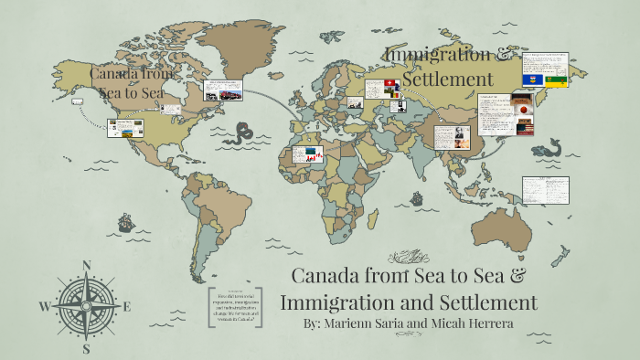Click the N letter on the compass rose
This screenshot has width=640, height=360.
coord(87,266)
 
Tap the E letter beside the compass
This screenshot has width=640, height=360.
coord(127,307)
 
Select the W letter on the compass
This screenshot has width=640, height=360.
coord(45,306)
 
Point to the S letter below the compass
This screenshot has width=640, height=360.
coord(86,348)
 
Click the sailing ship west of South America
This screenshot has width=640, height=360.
coord(125,222)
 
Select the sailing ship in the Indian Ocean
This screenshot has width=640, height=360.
coord(416,197)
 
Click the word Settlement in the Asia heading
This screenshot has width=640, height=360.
coord(448,79)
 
